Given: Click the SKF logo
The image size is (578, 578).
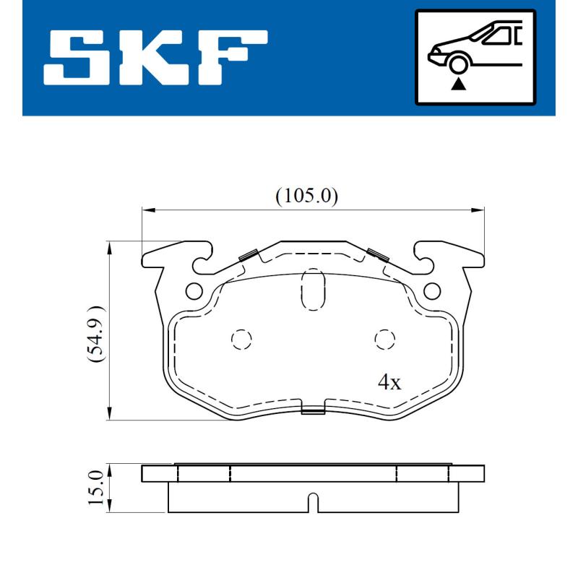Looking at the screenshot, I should [155, 58].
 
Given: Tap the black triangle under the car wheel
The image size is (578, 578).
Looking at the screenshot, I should [457, 84].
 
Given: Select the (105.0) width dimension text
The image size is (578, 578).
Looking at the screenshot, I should [307, 195].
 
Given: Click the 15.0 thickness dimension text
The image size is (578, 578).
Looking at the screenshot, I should [96, 488].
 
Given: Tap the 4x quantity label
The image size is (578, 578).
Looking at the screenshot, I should [389, 383].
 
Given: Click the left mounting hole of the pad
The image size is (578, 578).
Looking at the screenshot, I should [194, 290].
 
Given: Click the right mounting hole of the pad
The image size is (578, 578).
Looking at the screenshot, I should [431, 290].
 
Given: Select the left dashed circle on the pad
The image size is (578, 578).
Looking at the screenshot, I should [240, 339].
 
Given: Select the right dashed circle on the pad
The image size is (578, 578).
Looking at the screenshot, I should [384, 339].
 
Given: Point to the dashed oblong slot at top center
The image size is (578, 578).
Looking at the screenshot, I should [312, 288].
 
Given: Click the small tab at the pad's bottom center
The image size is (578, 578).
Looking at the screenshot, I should [312, 411].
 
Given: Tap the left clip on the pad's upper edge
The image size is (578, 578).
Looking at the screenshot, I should [249, 254].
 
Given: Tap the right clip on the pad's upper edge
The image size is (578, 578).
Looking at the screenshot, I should [376, 254].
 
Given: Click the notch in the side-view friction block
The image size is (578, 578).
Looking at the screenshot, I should [312, 502].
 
